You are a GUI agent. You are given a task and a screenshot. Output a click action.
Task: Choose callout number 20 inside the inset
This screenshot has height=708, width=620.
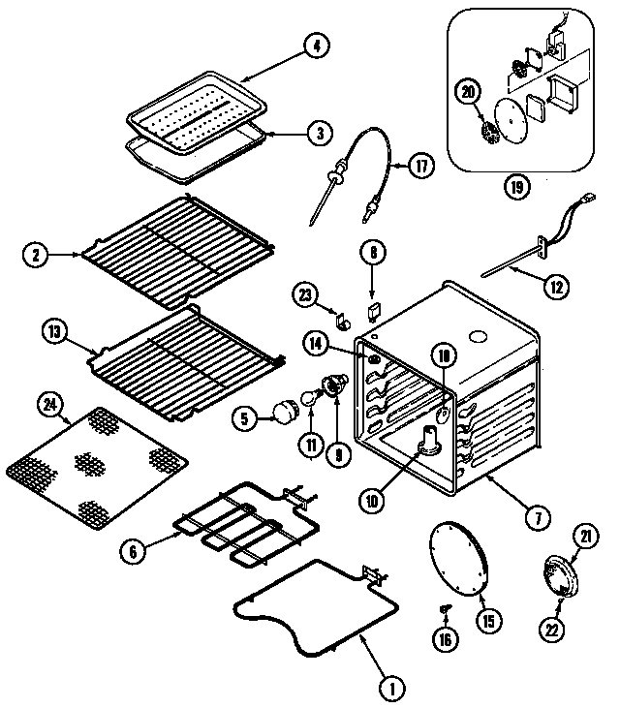click(x=469, y=91)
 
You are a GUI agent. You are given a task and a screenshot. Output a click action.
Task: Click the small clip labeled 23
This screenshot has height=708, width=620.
click(x=341, y=316)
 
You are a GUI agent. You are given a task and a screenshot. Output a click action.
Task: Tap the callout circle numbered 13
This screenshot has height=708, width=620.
click(x=54, y=333)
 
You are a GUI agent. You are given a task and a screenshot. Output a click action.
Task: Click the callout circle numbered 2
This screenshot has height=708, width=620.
click(x=37, y=256)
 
